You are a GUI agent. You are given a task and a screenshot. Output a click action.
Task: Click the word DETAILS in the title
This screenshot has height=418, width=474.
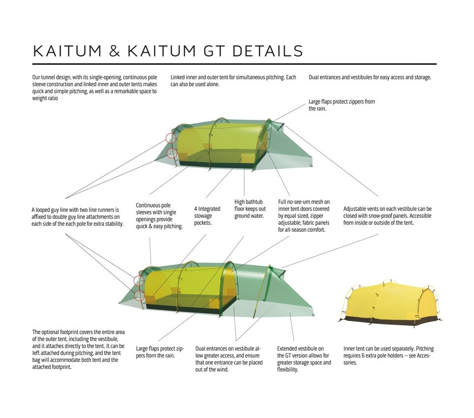(x=267, y=51)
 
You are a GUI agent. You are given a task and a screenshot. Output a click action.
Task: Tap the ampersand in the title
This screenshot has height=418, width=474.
(x=114, y=51)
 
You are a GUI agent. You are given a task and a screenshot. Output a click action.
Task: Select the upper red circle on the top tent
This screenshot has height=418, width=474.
(x=171, y=138)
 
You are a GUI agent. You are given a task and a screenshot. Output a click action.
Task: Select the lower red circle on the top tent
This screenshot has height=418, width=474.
(x=172, y=153)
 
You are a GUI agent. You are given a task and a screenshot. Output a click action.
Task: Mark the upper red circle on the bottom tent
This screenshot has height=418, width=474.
(x=139, y=281)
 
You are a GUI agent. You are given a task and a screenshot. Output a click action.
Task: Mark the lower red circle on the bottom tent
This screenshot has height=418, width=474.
(x=139, y=296)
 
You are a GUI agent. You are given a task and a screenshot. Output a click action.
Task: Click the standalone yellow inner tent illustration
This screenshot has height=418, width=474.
(x=390, y=303)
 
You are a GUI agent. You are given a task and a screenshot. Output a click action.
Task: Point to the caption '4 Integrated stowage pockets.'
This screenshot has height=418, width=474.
(x=207, y=216)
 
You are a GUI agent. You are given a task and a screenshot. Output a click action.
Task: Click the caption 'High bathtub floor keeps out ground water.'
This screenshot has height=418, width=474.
(x=250, y=209)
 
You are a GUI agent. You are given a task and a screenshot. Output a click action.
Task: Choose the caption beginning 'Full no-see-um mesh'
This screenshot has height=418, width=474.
(x=304, y=216)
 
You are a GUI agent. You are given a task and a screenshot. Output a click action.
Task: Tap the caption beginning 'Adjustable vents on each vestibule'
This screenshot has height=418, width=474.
(x=387, y=216)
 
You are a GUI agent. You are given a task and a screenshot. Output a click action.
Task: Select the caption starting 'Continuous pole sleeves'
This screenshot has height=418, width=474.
(x=159, y=216)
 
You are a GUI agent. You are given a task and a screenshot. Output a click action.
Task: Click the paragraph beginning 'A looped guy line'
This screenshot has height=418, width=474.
(x=78, y=217)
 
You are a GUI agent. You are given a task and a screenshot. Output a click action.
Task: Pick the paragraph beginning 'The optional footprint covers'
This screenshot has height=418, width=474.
(x=78, y=350)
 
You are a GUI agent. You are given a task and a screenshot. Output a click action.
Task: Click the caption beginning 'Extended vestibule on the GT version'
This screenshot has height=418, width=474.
(x=304, y=359)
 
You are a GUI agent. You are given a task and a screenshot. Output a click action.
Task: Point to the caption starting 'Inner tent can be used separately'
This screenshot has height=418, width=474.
(x=388, y=356)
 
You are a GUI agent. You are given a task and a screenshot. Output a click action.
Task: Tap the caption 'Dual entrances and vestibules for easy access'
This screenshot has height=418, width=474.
(x=370, y=77)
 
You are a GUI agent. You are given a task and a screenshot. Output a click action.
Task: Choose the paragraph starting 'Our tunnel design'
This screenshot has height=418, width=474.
(x=95, y=88)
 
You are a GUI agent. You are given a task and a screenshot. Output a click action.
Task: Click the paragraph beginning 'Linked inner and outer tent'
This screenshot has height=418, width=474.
(x=233, y=81)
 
